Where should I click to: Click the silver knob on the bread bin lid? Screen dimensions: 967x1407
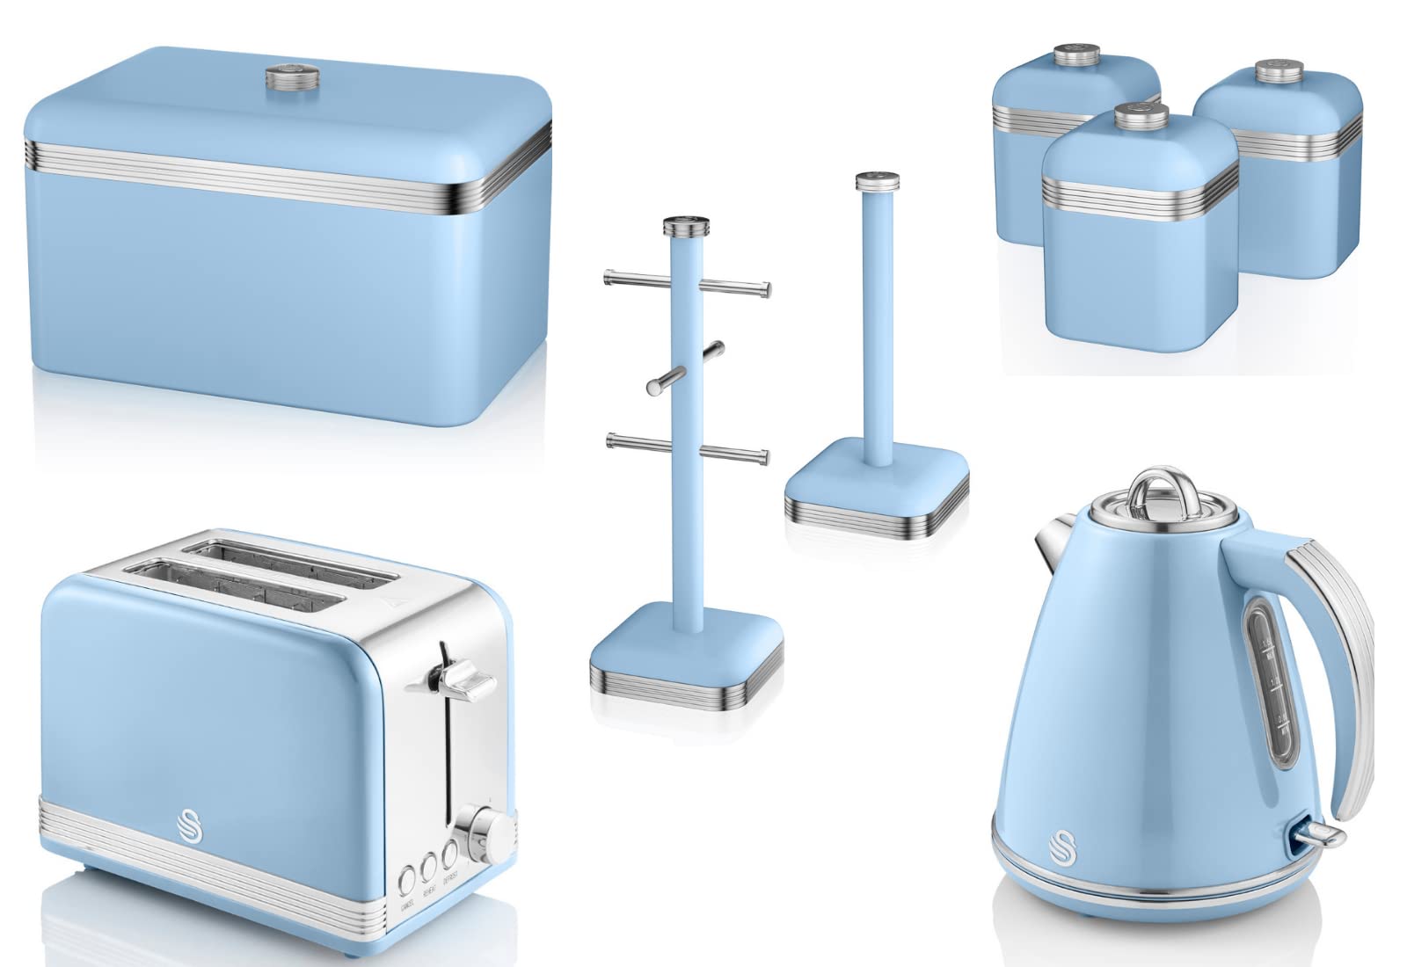291,74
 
